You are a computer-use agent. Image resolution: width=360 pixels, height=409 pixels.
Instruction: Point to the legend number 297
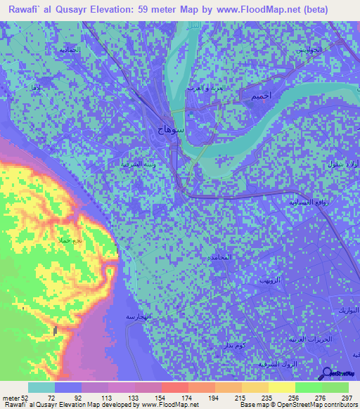pos(347,397)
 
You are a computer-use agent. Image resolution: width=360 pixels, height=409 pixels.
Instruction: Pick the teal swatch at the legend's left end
pos(41,387)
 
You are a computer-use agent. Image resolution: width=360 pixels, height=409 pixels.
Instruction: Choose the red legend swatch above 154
pos(174,387)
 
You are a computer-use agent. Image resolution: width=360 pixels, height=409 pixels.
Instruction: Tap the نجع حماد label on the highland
pos(71,240)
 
